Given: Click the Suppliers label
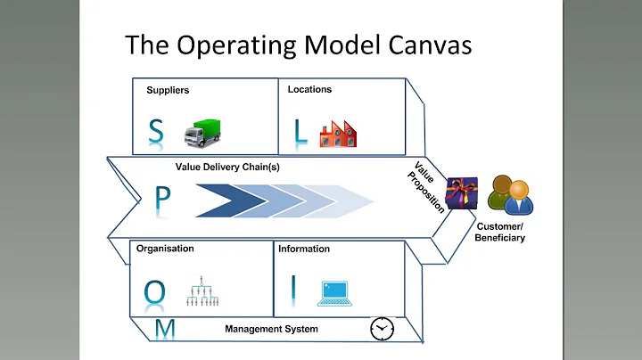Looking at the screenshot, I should click(169, 90).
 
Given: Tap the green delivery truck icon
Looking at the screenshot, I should click(202, 132).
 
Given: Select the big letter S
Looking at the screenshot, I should click(157, 132).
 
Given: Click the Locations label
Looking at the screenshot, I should click(309, 89).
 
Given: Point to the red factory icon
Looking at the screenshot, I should click(338, 132).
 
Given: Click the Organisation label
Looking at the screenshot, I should click(165, 249).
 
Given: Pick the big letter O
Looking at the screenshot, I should click(155, 290).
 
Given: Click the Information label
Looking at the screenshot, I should click(304, 249).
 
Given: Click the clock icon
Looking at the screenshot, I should click(382, 328).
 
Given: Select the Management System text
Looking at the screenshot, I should click(271, 329).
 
